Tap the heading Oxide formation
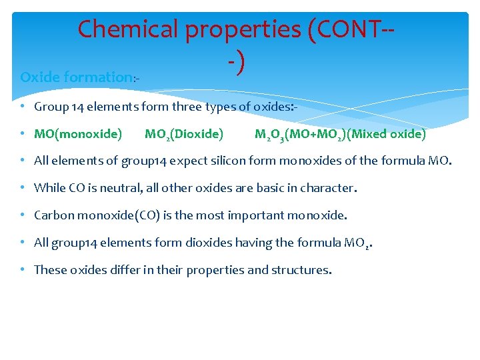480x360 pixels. (x=77, y=77)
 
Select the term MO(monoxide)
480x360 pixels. (x=78, y=134)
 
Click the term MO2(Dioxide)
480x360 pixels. (x=184, y=134)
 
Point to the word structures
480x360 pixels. (x=302, y=270)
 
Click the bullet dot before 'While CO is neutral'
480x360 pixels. (x=23, y=188)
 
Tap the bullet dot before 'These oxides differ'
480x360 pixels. (x=23, y=270)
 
